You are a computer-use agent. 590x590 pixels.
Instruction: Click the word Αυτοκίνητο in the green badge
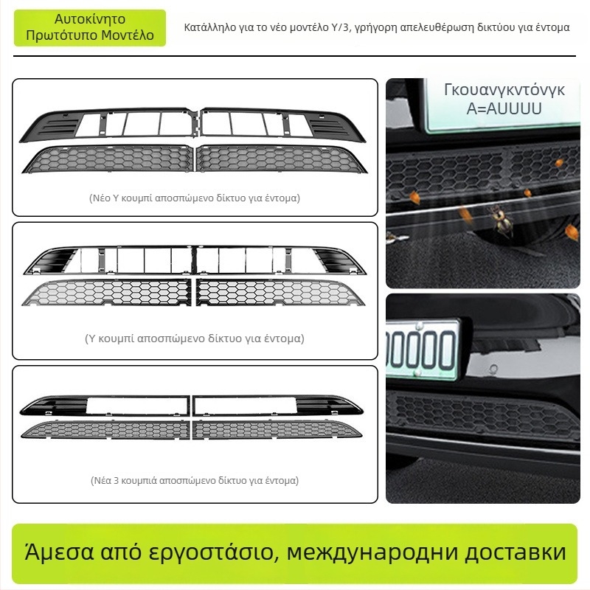point(89,19)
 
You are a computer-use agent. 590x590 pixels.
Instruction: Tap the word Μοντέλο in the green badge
point(128,35)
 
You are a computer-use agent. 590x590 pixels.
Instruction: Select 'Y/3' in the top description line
point(340,27)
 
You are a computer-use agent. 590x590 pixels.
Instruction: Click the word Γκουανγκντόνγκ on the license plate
point(504,90)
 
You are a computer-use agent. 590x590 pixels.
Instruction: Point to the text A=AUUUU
point(504,108)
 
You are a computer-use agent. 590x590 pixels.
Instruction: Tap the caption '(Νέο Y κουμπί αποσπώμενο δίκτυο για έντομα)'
point(195,198)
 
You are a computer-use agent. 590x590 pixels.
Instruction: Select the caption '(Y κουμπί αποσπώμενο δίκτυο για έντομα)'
point(195,339)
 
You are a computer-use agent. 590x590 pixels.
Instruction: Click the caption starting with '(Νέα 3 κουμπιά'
point(195,481)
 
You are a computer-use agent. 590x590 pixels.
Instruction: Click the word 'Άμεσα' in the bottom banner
point(59,552)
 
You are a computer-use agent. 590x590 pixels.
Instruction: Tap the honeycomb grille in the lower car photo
point(484,414)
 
